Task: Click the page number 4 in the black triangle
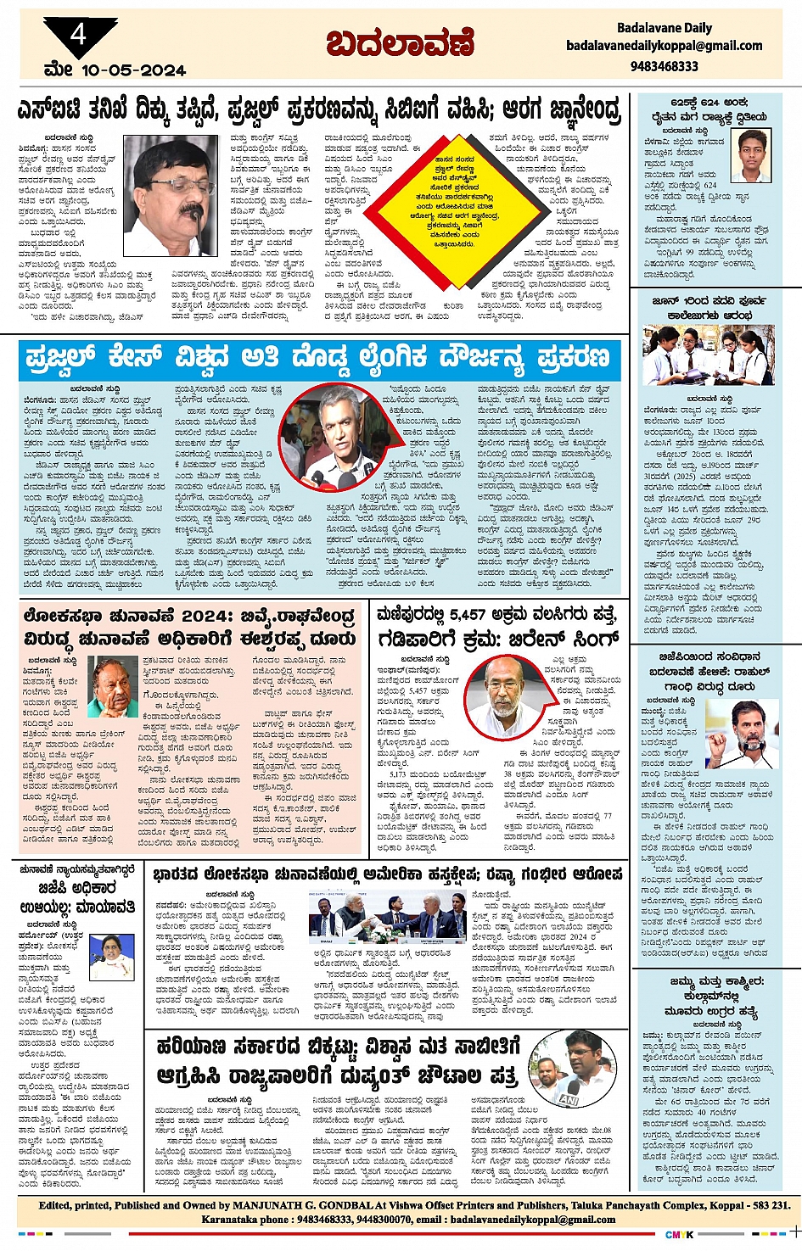point(78,35)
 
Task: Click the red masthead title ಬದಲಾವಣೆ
point(400,42)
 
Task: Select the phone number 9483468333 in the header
point(664,65)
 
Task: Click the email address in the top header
point(664,46)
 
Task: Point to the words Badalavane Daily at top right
point(664,28)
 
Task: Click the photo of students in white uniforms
point(706,355)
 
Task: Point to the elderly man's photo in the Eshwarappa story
point(113,687)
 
